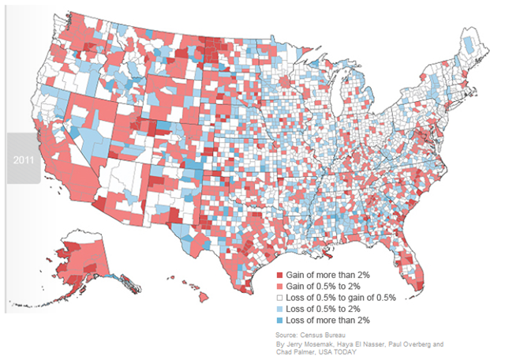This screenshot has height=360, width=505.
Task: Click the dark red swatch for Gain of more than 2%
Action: tap(279, 273)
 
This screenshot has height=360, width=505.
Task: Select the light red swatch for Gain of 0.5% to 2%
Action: tap(279, 285)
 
